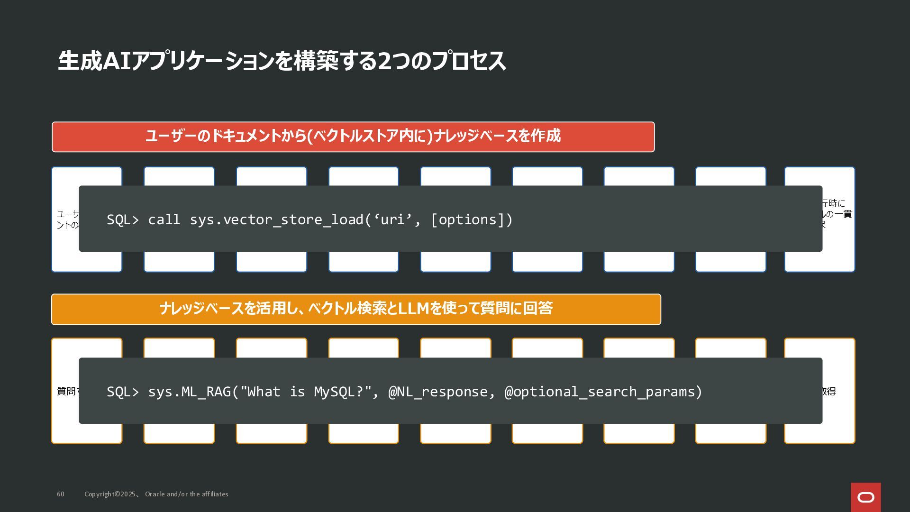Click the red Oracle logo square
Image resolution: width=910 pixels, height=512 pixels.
click(865, 497)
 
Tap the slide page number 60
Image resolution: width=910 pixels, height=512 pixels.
click(61, 494)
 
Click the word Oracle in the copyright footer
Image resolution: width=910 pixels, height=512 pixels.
click(155, 494)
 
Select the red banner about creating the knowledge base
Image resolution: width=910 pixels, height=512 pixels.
click(353, 137)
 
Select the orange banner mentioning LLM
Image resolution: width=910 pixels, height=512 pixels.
click(356, 309)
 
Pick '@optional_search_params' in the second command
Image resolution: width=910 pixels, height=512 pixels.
click(603, 392)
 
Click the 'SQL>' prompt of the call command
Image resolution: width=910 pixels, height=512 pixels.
click(123, 219)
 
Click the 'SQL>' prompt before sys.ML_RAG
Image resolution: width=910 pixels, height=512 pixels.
click(123, 392)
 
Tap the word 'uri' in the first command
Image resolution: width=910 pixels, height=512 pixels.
click(392, 219)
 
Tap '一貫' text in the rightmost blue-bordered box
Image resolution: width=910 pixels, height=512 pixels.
click(843, 214)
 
